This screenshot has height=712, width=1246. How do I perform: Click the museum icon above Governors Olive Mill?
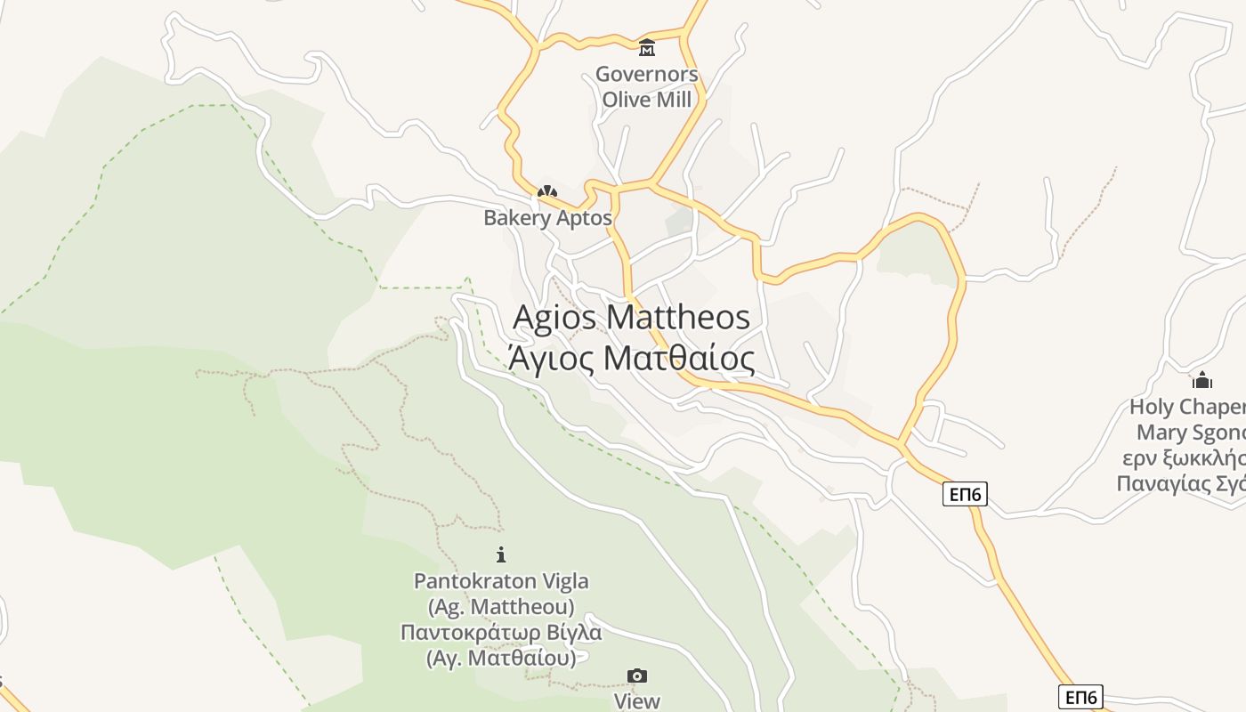coord(647,47)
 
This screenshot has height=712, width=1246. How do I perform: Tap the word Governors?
coord(647,74)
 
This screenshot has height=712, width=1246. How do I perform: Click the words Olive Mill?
coord(647,99)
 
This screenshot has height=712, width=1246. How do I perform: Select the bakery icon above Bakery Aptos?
coord(546,191)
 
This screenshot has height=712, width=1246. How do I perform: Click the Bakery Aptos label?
coord(547,218)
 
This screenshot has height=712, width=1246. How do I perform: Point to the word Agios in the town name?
coord(554,318)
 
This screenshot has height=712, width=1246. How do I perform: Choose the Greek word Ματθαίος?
coord(679,358)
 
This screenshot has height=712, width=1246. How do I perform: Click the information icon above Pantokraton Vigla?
coord(501,554)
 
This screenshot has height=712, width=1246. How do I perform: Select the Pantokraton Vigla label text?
coord(501,581)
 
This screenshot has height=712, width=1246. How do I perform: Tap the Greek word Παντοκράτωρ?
coord(473,633)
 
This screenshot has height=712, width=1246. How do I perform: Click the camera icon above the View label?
coord(637,676)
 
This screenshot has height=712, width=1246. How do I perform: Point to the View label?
coord(637,701)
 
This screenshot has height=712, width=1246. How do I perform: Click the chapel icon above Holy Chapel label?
coord(1202,381)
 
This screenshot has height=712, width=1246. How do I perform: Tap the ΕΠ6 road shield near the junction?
coord(965,494)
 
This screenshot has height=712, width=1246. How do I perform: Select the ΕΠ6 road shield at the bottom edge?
coord(1080,696)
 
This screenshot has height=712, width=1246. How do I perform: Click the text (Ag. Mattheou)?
coord(501,607)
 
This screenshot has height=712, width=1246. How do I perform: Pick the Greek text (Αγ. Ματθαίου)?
coord(501,659)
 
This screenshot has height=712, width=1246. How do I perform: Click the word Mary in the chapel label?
coord(1161,433)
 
